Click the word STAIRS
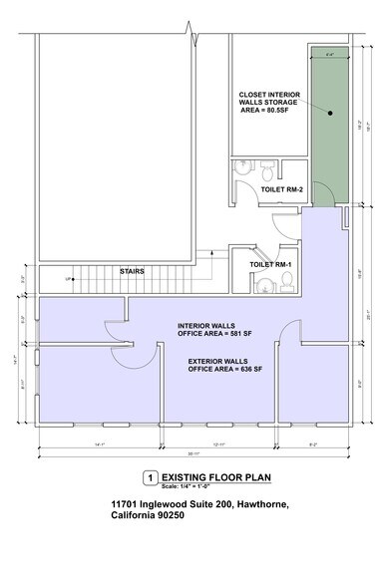tap(134, 269)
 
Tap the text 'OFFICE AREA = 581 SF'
tap(221, 334)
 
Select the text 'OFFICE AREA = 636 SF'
tap(223, 368)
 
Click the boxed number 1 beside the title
tap(150, 477)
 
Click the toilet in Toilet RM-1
tap(287, 286)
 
